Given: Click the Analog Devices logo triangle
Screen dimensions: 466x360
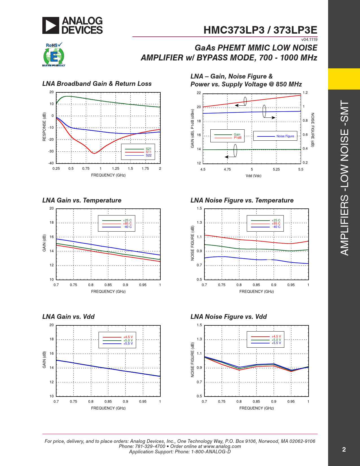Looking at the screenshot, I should pos(51,25).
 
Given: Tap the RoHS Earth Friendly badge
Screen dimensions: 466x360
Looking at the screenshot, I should pos(54,55).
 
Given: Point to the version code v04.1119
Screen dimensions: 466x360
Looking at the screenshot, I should pos(309,40).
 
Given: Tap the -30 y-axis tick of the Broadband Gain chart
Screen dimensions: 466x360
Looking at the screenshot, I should pos(51,151).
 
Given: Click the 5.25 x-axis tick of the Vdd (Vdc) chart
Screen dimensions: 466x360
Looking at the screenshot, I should pos(276,169).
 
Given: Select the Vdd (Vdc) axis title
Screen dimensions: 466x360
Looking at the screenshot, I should pos(253,176).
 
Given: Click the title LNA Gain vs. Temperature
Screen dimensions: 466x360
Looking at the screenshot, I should pos(82,200).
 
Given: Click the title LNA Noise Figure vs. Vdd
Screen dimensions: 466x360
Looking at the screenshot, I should pos(228,317).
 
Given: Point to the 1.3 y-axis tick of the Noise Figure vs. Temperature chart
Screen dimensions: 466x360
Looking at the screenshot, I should pos(199,223).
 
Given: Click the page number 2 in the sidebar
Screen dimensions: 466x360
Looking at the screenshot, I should pos(344,450).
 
